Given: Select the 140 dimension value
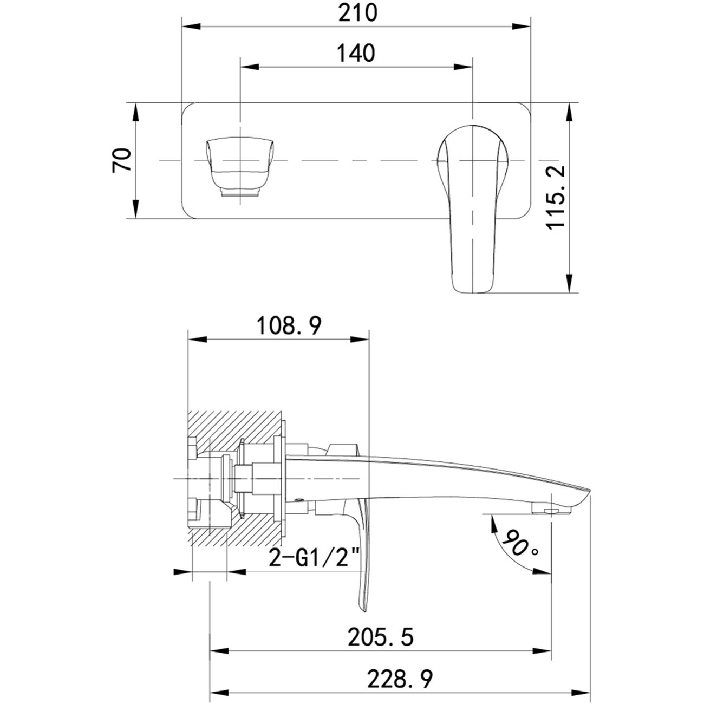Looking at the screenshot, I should coord(356,53).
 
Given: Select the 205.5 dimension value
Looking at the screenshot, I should coord(381,637).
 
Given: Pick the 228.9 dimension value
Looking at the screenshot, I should coord(400,679).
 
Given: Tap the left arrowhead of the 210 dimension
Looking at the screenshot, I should coord(191,25).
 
